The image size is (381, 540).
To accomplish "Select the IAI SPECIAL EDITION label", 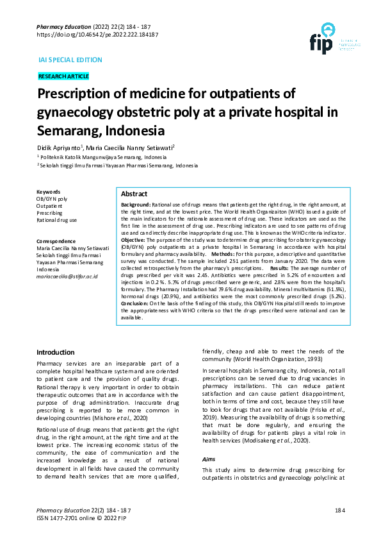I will (x=70, y=60).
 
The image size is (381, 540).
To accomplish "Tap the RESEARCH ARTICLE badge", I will (x=63, y=76).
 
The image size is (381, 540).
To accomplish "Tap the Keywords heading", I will (x=49, y=192).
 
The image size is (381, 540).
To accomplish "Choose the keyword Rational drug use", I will (x=57, y=220).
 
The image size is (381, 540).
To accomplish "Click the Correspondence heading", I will (x=58, y=240).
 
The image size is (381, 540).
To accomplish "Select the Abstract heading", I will (x=134, y=194).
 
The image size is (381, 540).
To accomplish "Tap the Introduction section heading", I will (x=56, y=352).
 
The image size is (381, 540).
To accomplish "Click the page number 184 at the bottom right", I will (x=339, y=510).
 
